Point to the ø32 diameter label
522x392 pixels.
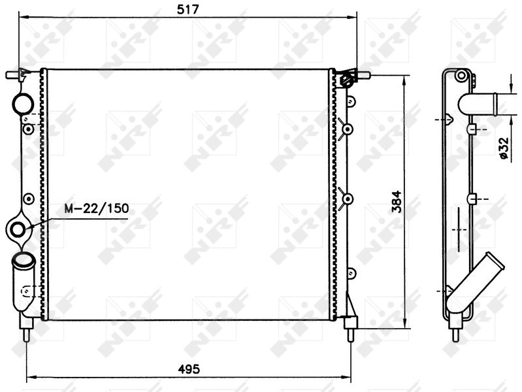click(504, 147)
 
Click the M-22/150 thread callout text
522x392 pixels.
click(97, 209)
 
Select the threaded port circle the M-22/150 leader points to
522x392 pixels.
click(19, 229)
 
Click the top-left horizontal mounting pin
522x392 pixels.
click(12, 74)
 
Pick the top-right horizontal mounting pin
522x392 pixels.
click(363, 75)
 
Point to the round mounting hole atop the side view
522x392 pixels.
click(461, 75)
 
